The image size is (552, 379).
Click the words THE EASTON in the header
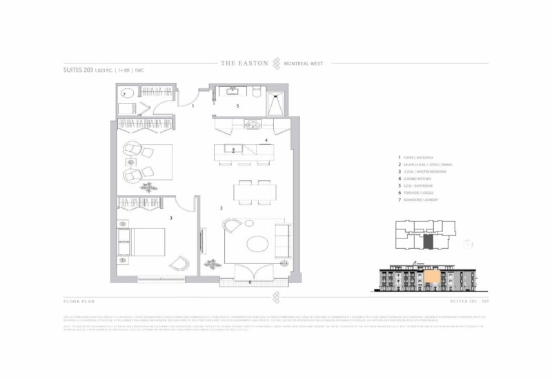point(244,63)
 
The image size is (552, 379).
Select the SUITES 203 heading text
point(78,70)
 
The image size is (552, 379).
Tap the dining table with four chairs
point(251,192)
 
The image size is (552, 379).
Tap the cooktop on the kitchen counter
point(250,125)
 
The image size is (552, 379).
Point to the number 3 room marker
point(170,218)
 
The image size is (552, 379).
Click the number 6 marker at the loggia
point(250,283)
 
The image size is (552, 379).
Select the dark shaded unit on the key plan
point(428,242)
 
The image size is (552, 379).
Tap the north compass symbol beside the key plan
point(469,243)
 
